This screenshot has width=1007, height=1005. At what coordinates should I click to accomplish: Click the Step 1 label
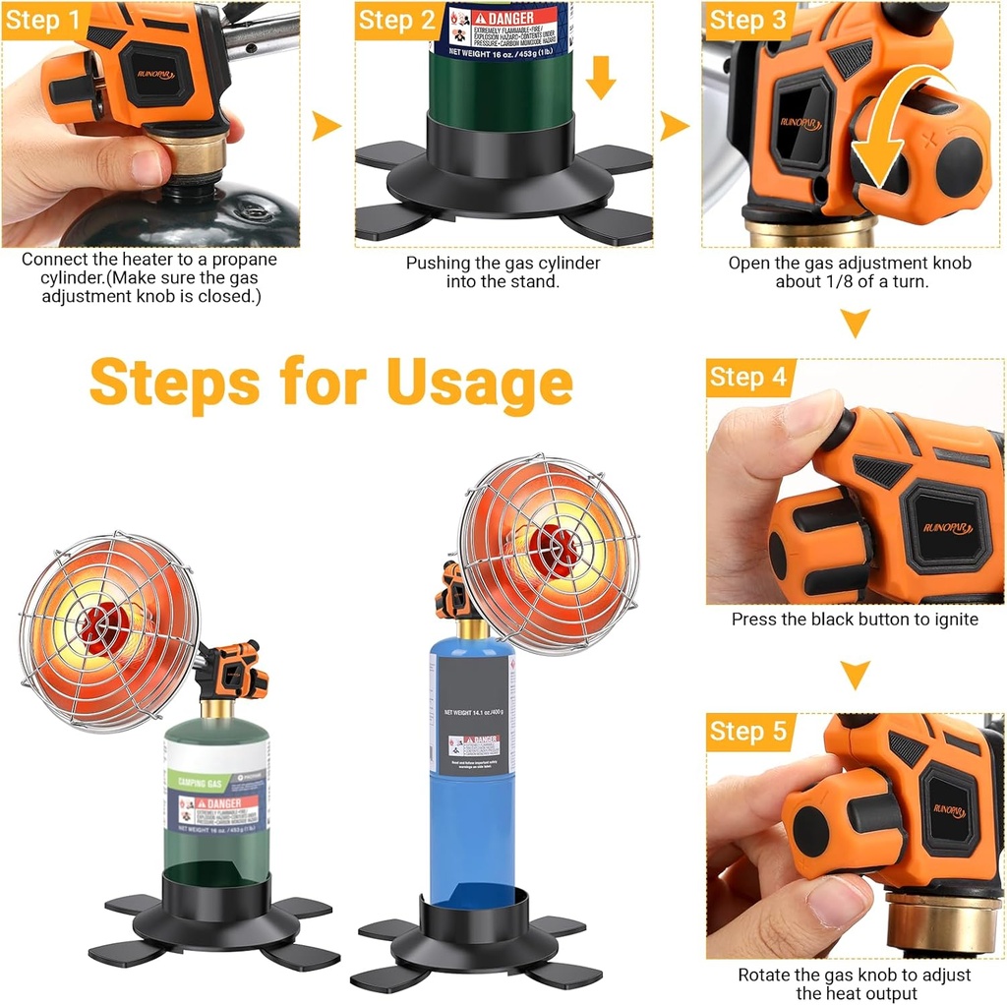point(43,21)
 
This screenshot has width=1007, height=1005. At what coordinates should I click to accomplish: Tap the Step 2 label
point(395,21)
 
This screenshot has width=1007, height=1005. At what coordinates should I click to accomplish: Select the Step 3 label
point(747,21)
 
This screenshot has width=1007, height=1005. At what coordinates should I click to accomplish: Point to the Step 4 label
point(747,378)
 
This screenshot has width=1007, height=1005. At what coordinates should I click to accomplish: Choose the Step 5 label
point(747,732)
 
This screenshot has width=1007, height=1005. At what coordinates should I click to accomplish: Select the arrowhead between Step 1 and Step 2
point(326,125)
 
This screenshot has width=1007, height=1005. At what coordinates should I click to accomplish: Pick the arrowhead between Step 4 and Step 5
point(856,675)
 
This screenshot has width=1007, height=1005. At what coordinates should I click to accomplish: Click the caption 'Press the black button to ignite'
point(855,620)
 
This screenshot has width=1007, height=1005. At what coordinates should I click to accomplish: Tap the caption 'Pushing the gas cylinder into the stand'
point(503,271)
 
